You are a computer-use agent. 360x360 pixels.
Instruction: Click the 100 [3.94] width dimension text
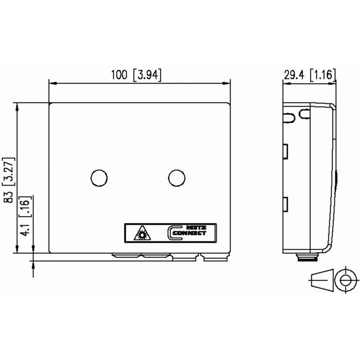coord(136,75)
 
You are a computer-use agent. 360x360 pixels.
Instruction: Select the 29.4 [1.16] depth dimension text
coord(310,75)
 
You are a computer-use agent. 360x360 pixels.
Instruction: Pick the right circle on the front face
coord(177,178)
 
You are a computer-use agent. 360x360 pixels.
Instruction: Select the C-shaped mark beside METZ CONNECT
coord(172,233)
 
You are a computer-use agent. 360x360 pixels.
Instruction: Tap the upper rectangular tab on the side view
coord(285,152)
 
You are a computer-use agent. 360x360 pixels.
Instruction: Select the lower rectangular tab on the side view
coord(285,204)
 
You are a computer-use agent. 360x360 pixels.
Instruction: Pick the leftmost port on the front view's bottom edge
coord(126,256)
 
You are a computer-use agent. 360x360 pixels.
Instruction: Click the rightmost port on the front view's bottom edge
coord(215,257)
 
